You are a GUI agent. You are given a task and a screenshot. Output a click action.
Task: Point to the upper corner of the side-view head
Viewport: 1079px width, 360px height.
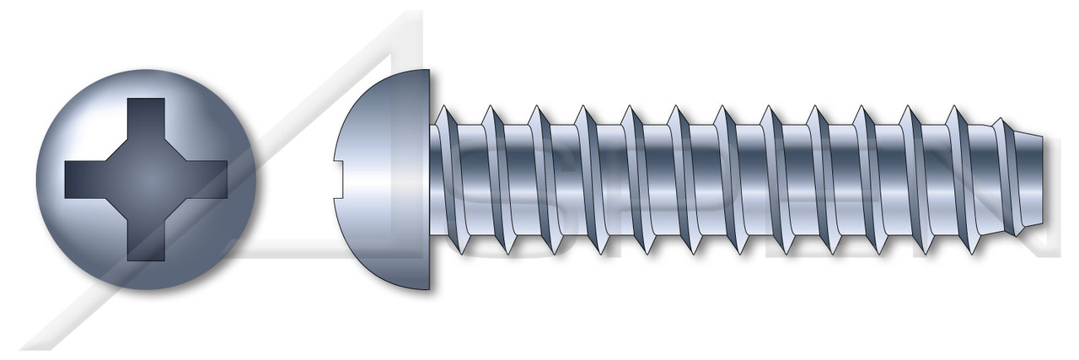428,73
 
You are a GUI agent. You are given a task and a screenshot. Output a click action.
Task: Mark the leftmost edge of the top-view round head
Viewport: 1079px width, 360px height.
37,179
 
